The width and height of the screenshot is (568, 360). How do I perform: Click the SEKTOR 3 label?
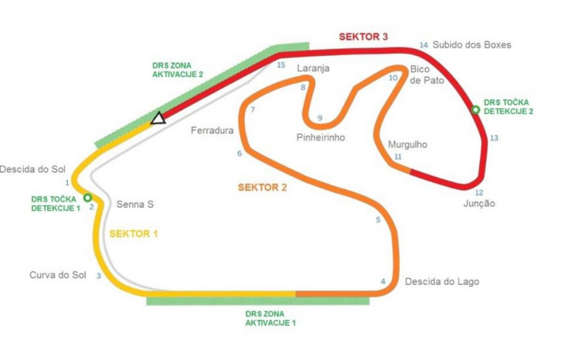point(363,37)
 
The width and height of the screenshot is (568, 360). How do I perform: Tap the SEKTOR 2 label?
point(262,187)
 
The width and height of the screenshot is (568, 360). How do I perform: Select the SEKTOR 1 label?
point(134,234)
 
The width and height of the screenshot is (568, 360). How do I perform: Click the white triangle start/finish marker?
point(158,118)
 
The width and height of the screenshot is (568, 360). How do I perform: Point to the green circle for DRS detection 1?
point(87,198)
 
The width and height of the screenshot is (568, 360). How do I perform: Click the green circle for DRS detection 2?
point(475,110)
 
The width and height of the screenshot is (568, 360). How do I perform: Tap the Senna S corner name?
point(135,204)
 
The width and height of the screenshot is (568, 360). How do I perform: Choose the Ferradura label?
point(212,130)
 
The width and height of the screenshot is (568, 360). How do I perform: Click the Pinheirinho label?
point(320,137)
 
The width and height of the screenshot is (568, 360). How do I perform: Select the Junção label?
point(479,203)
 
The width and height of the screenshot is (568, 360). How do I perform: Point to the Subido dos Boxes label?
point(472,45)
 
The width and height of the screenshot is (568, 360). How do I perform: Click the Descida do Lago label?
point(442,282)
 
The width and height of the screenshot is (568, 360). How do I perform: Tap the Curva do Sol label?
point(58,275)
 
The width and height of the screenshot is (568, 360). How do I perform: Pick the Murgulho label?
point(408,144)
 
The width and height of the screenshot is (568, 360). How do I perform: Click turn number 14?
point(424,45)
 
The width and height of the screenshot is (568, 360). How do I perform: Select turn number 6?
point(239,153)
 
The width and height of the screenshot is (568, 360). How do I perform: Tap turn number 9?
point(320,119)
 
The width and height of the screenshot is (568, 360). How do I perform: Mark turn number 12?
point(479,193)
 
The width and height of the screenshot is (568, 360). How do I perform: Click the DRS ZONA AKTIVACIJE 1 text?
point(270,318)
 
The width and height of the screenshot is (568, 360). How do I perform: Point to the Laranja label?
point(313,69)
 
